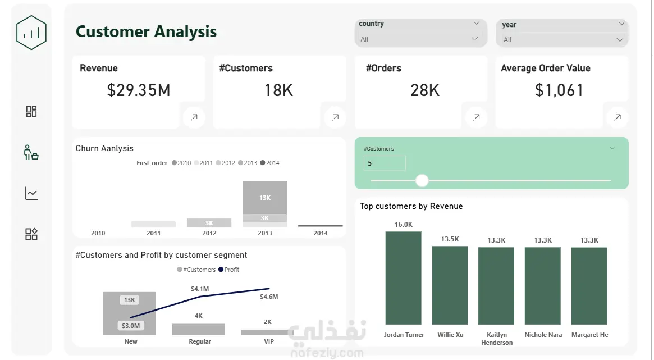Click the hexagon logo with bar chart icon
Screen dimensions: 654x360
click(x=31, y=33)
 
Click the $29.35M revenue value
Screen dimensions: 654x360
click(x=139, y=90)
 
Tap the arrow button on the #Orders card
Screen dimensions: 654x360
click(x=476, y=117)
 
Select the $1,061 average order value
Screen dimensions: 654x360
click(x=559, y=90)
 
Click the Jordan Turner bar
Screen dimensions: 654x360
click(x=403, y=278)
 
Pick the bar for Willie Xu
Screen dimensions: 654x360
click(x=450, y=285)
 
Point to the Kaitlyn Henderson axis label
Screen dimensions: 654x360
click(x=497, y=338)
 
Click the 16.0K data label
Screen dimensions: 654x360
click(x=403, y=225)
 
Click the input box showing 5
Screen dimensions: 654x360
click(x=385, y=163)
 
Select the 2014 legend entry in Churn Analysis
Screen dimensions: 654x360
click(x=270, y=163)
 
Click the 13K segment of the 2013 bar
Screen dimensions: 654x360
click(x=265, y=197)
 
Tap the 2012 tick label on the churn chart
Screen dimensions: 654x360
click(x=209, y=233)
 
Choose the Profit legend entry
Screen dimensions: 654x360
click(x=229, y=270)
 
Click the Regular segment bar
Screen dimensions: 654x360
click(x=199, y=330)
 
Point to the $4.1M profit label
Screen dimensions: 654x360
click(x=200, y=289)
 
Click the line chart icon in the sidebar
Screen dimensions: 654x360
click(x=31, y=193)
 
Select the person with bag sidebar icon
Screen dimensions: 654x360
click(x=31, y=152)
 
